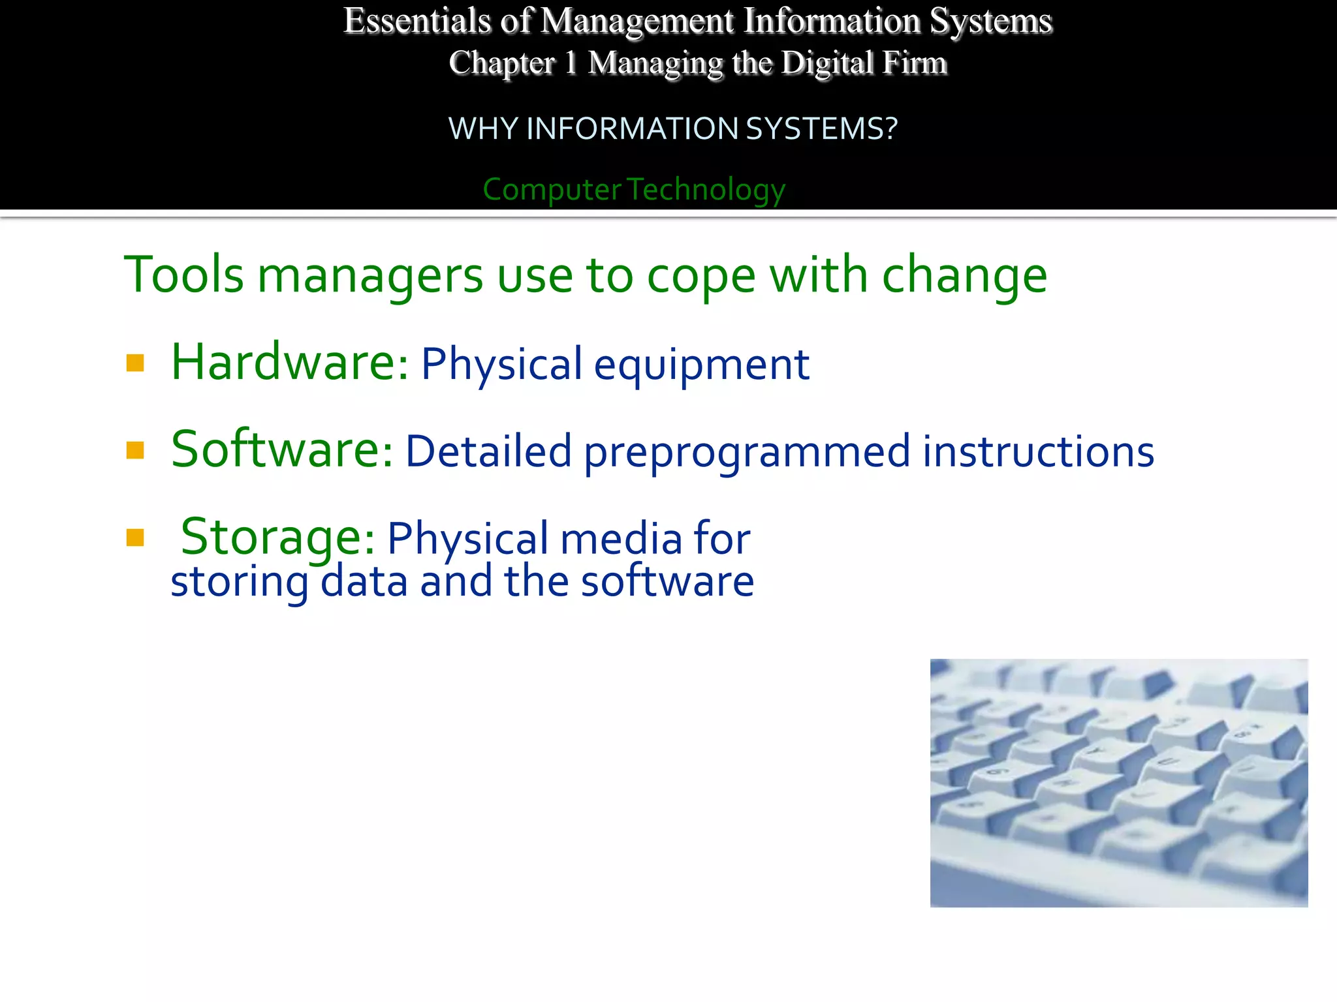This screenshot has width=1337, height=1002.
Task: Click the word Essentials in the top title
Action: [x=417, y=22]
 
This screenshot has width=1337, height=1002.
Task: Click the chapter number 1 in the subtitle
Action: [x=571, y=63]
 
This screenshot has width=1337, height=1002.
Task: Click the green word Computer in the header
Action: [x=552, y=190]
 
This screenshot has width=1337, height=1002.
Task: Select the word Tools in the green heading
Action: [x=184, y=275]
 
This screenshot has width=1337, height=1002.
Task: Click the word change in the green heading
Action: [x=964, y=276]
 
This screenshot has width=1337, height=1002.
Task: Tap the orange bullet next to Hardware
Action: [x=135, y=363]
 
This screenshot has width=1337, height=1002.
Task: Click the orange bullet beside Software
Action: [x=135, y=450]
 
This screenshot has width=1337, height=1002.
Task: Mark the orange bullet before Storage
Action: [x=135, y=538]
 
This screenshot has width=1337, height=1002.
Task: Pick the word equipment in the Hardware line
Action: [x=702, y=365]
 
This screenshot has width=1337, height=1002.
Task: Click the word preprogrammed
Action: [x=747, y=453]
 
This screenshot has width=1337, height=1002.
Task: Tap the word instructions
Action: [x=1038, y=451]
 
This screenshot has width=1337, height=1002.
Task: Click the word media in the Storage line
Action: [x=620, y=539]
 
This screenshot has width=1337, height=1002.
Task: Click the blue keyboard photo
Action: [x=1119, y=783]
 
